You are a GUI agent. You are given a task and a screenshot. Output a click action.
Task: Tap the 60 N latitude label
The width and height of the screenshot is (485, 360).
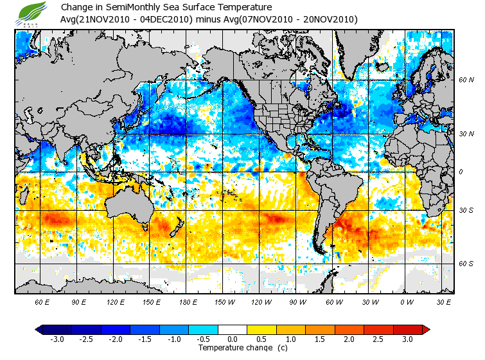point(466,80)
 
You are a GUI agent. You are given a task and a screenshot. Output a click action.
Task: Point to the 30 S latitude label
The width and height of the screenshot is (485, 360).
point(466,211)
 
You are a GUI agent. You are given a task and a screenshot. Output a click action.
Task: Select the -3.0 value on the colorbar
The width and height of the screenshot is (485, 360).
point(57,339)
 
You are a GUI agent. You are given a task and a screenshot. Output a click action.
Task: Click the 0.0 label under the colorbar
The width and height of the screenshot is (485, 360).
point(233,339)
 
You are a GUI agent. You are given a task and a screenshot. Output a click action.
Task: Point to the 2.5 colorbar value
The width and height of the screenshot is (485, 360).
point(378,339)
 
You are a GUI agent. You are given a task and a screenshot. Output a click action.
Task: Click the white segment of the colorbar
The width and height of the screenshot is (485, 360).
point(233,329)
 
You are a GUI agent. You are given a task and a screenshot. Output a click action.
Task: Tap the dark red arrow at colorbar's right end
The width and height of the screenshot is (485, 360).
point(425,329)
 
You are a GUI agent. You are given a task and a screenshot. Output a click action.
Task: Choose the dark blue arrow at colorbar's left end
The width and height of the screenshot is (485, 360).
point(39,329)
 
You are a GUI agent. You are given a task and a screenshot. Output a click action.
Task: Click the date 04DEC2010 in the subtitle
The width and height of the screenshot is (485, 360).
point(161,19)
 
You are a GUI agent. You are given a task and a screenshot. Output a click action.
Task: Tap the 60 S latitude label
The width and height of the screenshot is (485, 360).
point(466,264)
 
